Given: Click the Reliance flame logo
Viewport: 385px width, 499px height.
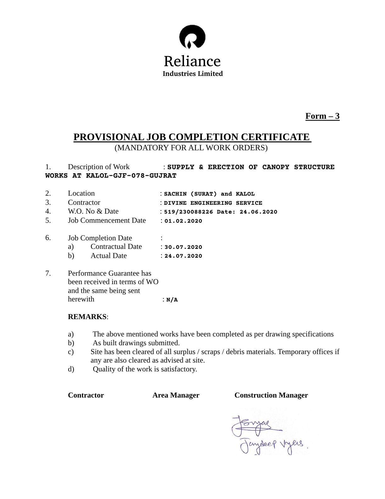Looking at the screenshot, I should click(192, 37).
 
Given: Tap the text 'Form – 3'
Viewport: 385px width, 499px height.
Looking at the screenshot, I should click(322, 116).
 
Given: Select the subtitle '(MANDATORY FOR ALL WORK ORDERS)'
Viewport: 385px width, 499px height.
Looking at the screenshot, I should click(191, 148).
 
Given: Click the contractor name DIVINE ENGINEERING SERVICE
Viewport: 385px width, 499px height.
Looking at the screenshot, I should click(213, 203).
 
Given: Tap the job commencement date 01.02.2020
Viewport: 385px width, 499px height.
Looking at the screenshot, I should click(183, 221).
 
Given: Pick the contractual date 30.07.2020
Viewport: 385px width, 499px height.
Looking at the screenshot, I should click(183, 247).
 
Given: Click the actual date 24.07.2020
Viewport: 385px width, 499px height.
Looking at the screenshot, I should click(183, 256).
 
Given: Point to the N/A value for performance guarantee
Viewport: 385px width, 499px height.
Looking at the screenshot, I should click(172, 300).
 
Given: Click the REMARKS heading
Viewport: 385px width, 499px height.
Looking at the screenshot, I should click(87, 317).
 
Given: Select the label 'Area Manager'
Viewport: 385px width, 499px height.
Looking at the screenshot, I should click(176, 395).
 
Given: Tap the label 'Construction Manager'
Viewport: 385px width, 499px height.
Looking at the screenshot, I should click(271, 395).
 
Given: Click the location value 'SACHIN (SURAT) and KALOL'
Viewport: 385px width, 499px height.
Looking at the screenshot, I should click(209, 194).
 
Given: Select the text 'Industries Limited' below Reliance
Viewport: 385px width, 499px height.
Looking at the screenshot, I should click(192, 74).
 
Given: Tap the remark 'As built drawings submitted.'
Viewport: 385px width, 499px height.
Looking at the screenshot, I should click(136, 343).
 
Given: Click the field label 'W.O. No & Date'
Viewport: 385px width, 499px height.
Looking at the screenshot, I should click(93, 211).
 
